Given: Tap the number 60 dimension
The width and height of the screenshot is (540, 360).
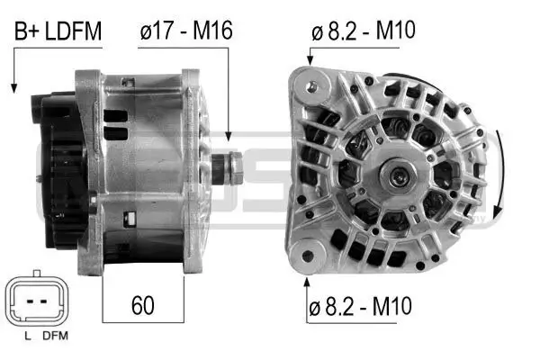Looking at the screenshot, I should point(142,305).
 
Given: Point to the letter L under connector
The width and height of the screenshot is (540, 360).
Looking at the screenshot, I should point(28,337).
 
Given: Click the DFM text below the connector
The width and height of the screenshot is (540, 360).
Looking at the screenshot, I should point(57,337).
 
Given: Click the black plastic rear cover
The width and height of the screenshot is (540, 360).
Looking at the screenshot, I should point(58,171).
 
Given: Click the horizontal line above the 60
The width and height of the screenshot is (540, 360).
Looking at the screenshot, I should point(142,276).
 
